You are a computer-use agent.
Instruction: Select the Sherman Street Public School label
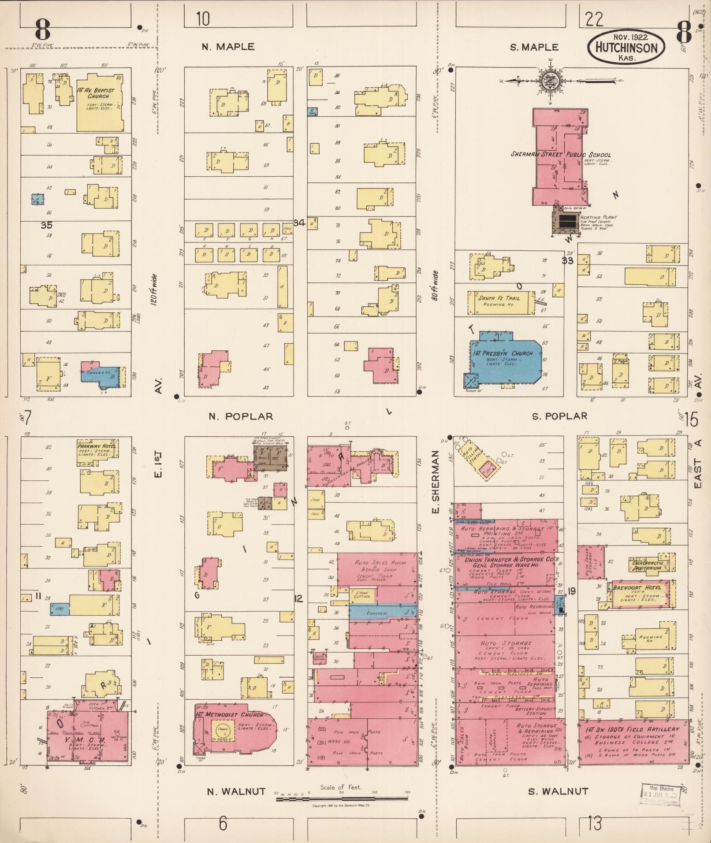coord(561,155)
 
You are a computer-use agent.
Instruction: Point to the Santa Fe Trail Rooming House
coord(500,301)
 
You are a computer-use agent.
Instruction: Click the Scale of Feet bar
coord(342,798)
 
